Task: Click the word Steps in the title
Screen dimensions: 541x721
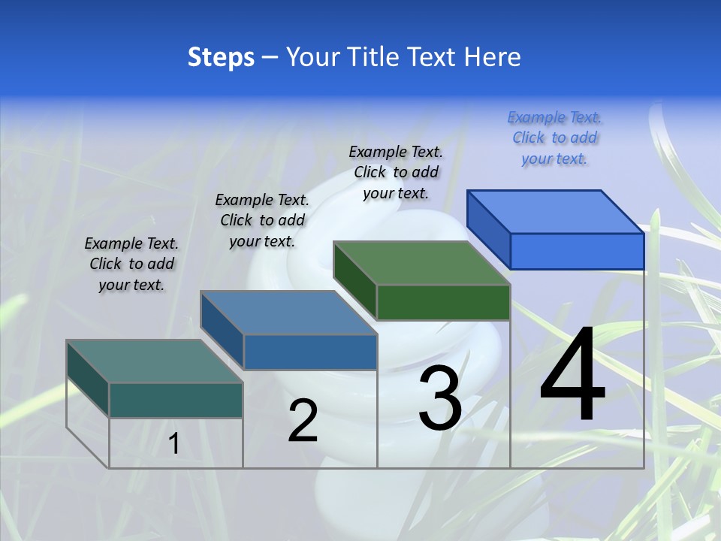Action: [220, 57]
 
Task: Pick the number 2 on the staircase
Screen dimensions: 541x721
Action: [303, 421]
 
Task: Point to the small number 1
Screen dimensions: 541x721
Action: [174, 443]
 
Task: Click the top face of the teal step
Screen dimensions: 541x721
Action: [154, 361]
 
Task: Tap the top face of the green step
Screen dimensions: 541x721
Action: [422, 263]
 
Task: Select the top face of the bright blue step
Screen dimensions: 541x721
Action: [556, 211]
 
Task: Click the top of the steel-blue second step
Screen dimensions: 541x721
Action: [288, 312]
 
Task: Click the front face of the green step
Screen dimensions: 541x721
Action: [443, 302]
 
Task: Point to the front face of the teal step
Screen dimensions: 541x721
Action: [176, 400]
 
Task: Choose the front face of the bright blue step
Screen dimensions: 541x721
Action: [577, 251]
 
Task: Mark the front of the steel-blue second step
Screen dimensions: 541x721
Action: [310, 352]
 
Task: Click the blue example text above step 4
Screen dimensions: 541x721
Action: [554, 138]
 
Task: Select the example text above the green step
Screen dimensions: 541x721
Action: [396, 172]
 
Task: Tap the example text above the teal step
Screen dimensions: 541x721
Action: [131, 264]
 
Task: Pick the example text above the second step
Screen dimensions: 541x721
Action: [262, 220]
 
